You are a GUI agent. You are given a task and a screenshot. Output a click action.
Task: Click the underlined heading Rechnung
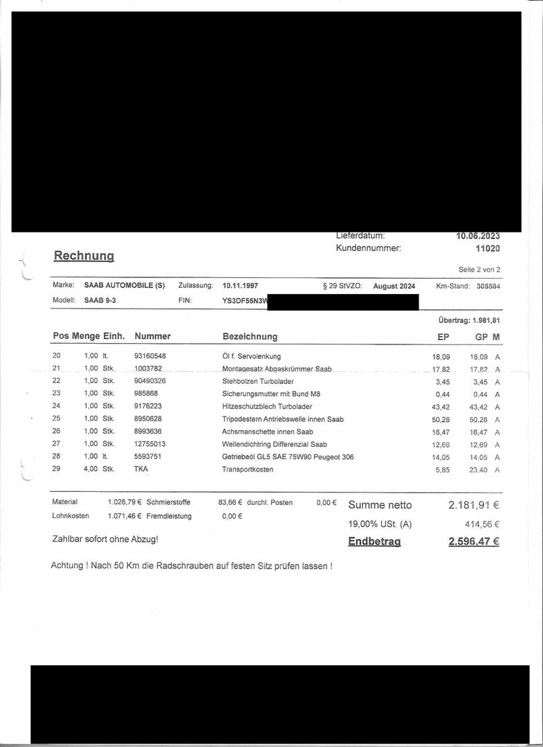point(84,256)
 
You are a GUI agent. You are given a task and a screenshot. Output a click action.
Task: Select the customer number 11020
point(487,248)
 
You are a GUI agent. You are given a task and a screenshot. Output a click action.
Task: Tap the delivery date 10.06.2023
point(477,236)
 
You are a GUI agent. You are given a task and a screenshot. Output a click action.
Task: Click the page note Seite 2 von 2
point(479,269)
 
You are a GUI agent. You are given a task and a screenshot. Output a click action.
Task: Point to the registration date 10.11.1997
point(241,286)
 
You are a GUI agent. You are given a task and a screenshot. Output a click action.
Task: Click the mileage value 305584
point(488,286)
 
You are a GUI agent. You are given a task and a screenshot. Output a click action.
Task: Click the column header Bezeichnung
point(250,337)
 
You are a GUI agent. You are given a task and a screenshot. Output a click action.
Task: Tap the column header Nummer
point(152,336)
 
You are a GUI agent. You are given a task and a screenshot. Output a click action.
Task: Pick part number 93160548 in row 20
point(150,356)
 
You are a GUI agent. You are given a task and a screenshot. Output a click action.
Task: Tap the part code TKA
point(141,470)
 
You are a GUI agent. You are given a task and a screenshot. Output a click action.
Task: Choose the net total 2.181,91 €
point(474,506)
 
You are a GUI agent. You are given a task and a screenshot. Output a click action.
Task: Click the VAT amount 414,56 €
point(480,524)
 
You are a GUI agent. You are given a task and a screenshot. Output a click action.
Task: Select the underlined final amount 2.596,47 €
point(474,542)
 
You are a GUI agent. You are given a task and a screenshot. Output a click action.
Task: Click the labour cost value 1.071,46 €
point(125,516)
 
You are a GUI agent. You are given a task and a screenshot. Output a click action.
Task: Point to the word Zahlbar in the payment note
point(66,539)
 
